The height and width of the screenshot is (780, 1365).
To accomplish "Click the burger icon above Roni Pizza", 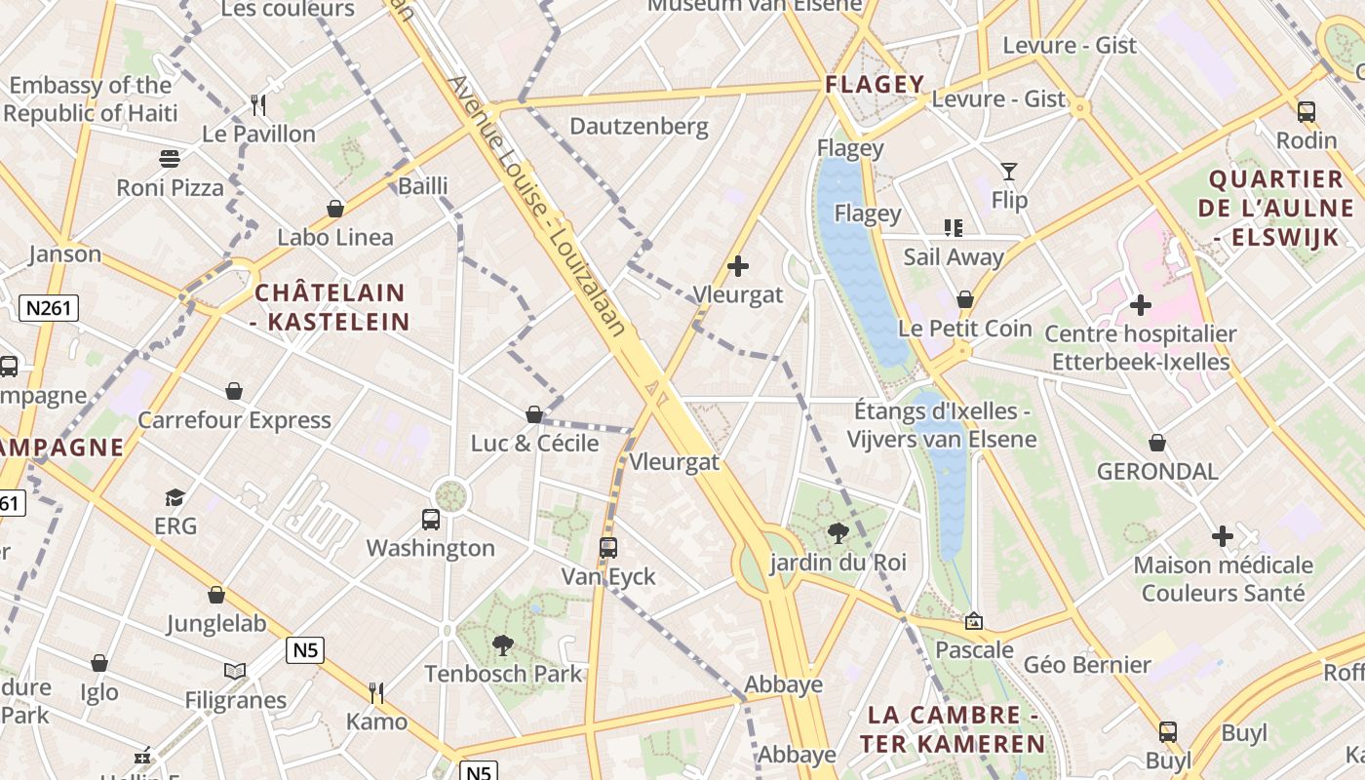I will pyautogui.click(x=170, y=159).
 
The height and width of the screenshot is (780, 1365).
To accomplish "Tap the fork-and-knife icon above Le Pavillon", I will pyautogui.click(x=258, y=105).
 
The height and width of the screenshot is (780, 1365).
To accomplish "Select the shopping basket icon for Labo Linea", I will pyautogui.click(x=335, y=209).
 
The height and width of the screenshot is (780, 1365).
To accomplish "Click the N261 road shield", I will pyautogui.click(x=49, y=309).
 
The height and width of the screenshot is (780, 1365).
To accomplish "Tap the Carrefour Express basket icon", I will pyautogui.click(x=234, y=392).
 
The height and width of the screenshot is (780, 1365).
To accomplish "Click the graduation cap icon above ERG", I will pyautogui.click(x=175, y=498).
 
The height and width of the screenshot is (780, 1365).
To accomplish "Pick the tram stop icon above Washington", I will pyautogui.click(x=431, y=520).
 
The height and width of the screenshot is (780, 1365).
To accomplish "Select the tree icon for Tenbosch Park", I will pyautogui.click(x=503, y=644).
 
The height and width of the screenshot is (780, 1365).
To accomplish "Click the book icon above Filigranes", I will pyautogui.click(x=235, y=671).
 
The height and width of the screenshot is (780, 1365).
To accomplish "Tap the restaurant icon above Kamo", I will pyautogui.click(x=376, y=693).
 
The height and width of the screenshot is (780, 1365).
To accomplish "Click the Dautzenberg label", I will pyautogui.click(x=639, y=126).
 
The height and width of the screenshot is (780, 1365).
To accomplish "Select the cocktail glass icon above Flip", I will pyautogui.click(x=1009, y=173).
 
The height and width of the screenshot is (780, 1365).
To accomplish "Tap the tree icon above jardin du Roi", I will pyautogui.click(x=838, y=533).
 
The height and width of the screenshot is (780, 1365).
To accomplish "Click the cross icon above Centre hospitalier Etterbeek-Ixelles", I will pyautogui.click(x=1141, y=306).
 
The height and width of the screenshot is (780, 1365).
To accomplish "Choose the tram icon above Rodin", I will pyautogui.click(x=1306, y=112).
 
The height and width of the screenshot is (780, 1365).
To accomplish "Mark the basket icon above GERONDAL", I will pyautogui.click(x=1157, y=444).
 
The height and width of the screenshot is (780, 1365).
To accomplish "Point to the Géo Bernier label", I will pyautogui.click(x=1087, y=665).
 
